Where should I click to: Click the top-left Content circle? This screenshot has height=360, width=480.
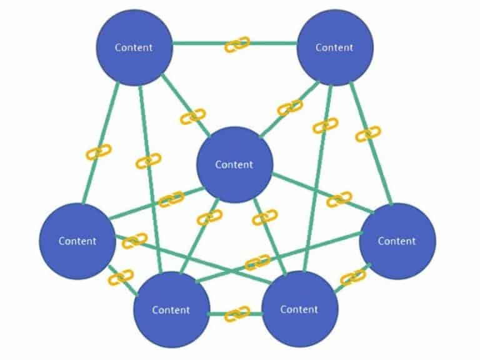point(134,47)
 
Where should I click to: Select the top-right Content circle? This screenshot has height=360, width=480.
point(334,47)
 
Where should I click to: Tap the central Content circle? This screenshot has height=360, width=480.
point(234,164)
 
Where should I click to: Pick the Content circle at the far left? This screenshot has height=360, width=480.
point(77,241)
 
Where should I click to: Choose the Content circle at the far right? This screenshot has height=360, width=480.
point(397,241)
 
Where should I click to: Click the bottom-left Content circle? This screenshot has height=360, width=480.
point(171,309)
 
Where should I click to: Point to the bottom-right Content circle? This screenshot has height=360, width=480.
point(299,309)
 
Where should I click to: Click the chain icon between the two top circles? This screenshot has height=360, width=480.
point(237,44)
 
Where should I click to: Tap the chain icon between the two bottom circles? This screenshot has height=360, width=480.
point(237,313)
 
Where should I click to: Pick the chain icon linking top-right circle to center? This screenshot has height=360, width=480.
point(289,107)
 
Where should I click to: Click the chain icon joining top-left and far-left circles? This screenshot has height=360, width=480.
point(99,152)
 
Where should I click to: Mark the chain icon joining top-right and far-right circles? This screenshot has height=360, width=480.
point(368,134)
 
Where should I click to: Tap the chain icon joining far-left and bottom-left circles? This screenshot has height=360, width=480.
point(121,276)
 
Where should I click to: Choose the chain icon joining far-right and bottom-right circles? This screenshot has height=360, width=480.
point(353,276)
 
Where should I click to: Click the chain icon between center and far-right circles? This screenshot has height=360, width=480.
point(339,199)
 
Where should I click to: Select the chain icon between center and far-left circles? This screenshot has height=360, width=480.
point(171,199)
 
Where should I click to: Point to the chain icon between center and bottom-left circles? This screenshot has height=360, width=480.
point(209,217)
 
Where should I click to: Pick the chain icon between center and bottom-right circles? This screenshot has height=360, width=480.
point(264,217)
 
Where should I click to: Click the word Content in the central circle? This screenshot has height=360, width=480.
point(234,164)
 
